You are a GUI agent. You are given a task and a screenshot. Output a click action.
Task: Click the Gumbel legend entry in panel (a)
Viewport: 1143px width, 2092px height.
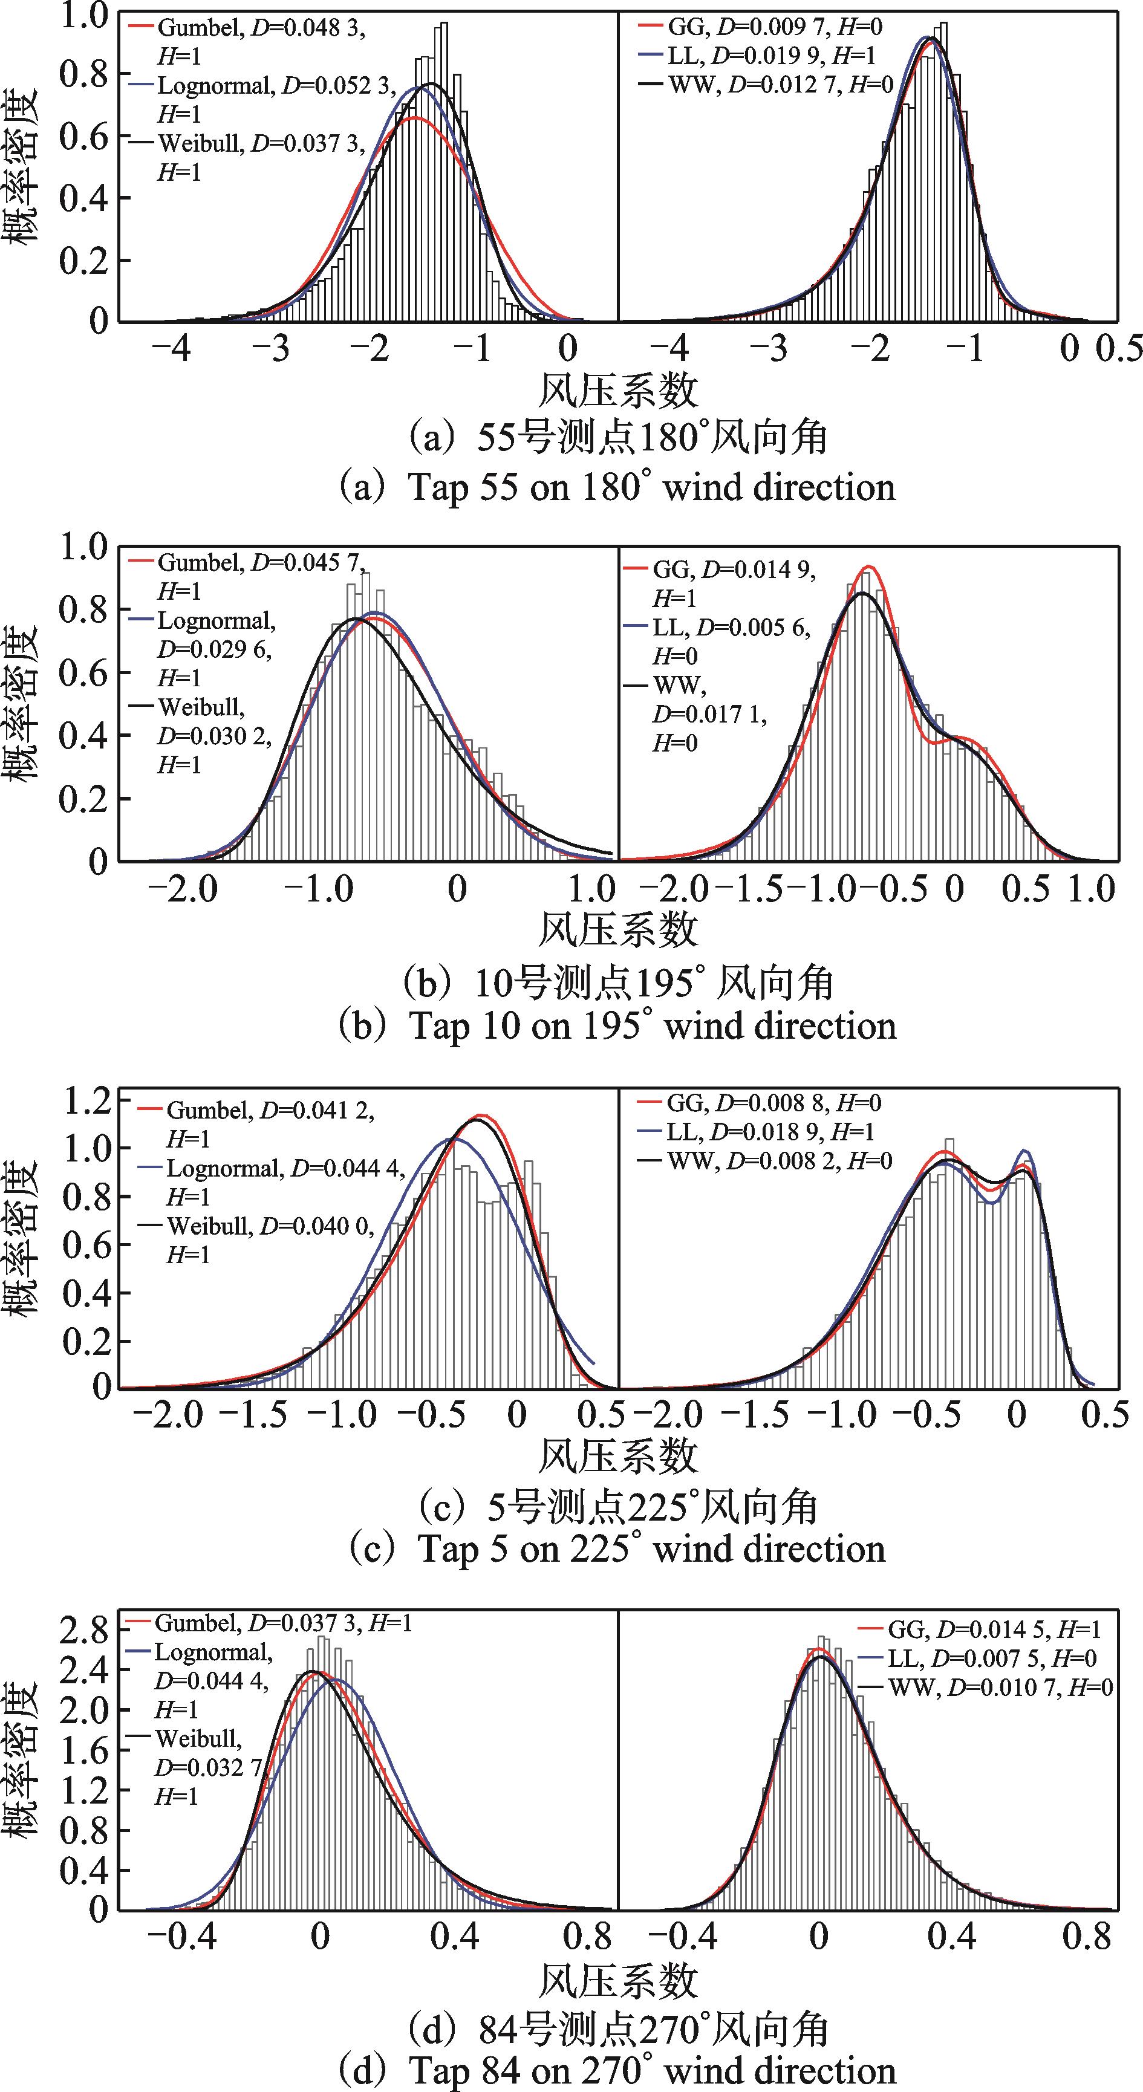click(x=260, y=28)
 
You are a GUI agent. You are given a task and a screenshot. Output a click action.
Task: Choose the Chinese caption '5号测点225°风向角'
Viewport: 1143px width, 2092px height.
click(x=617, y=1508)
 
